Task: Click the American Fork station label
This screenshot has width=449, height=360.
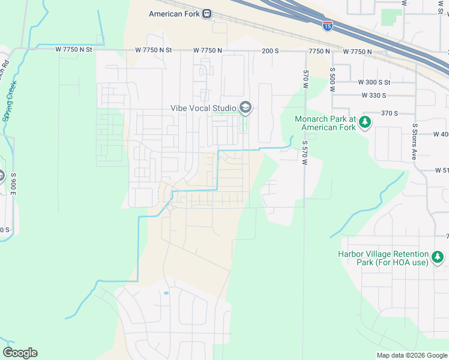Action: tap(174, 14)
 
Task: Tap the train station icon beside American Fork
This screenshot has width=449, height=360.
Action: tap(206, 14)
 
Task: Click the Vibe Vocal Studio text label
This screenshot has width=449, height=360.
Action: tap(203, 108)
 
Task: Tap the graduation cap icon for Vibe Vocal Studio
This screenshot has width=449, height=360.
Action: tap(245, 108)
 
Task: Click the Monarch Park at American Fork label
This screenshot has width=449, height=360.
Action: tap(326, 123)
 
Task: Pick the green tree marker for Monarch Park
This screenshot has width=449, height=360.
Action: tap(364, 123)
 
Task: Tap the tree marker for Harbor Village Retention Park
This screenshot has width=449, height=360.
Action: tap(438, 258)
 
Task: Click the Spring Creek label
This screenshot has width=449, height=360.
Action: tap(10, 101)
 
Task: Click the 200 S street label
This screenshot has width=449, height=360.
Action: tap(271, 52)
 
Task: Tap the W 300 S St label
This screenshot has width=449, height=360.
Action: tap(374, 82)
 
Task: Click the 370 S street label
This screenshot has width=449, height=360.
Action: tap(390, 113)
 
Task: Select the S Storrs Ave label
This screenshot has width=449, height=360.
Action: tap(414, 141)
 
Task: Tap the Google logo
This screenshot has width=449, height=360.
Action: tap(20, 353)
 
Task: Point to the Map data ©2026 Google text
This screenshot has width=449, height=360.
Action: tap(411, 355)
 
